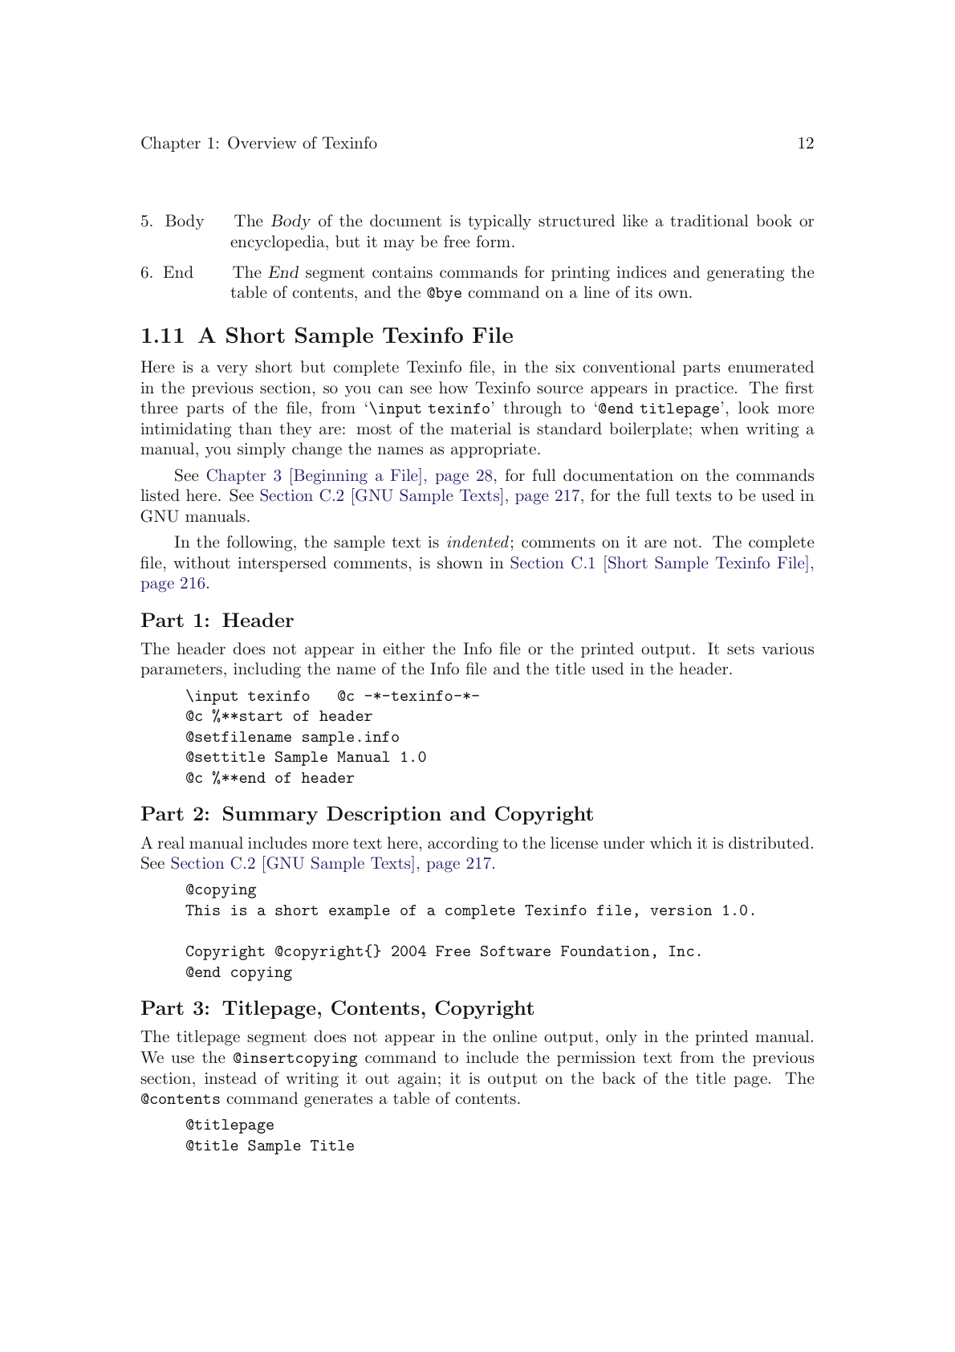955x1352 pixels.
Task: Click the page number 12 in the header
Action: point(805,144)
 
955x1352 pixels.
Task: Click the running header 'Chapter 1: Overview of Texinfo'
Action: point(258,144)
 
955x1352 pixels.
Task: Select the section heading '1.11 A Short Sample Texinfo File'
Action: point(327,336)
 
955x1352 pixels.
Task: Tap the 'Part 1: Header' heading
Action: point(217,621)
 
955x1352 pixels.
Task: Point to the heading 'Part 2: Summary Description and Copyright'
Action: point(367,814)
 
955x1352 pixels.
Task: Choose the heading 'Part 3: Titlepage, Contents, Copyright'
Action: point(337,1008)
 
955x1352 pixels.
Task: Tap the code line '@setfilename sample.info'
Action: point(292,737)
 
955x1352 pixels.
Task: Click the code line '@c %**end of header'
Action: point(270,778)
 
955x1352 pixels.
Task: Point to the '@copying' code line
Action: point(221,890)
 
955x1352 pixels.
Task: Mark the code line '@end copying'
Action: point(238,972)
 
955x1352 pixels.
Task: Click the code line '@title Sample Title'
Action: point(270,1146)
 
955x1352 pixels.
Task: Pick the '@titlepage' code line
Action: point(230,1125)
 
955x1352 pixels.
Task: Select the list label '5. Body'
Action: point(173,222)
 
